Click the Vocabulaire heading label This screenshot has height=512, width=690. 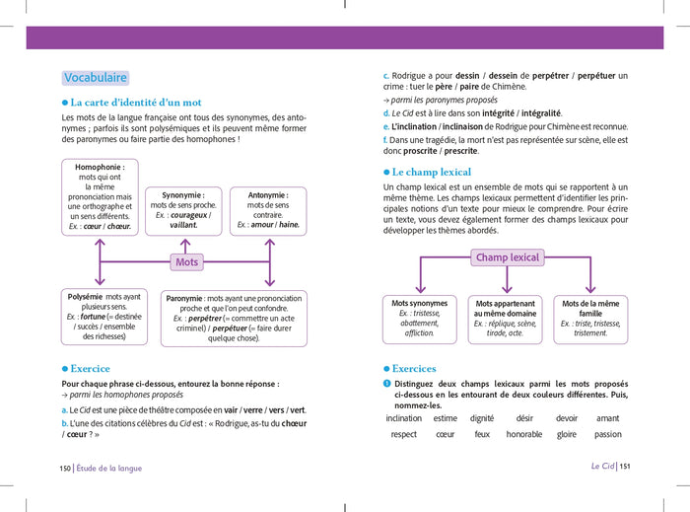(96, 78)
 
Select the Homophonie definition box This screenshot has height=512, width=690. (100, 197)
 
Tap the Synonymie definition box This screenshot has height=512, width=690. (183, 210)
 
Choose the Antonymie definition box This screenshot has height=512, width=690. (268, 210)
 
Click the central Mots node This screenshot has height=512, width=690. (186, 261)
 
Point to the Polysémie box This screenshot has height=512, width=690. (103, 316)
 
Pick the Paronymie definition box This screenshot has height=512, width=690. (234, 318)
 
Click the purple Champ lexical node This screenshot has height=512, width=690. (508, 257)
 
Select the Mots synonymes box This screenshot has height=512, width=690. (420, 319)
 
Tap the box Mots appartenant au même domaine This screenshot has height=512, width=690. (505, 319)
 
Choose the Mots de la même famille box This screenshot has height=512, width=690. (590, 319)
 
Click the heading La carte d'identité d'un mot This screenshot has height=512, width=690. (136, 102)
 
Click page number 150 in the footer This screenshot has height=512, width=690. (65, 469)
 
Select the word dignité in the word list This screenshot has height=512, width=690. (482, 418)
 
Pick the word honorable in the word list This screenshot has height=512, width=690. (524, 434)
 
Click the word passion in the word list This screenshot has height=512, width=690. (608, 434)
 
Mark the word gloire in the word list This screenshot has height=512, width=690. (567, 434)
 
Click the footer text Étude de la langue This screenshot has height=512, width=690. (110, 469)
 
